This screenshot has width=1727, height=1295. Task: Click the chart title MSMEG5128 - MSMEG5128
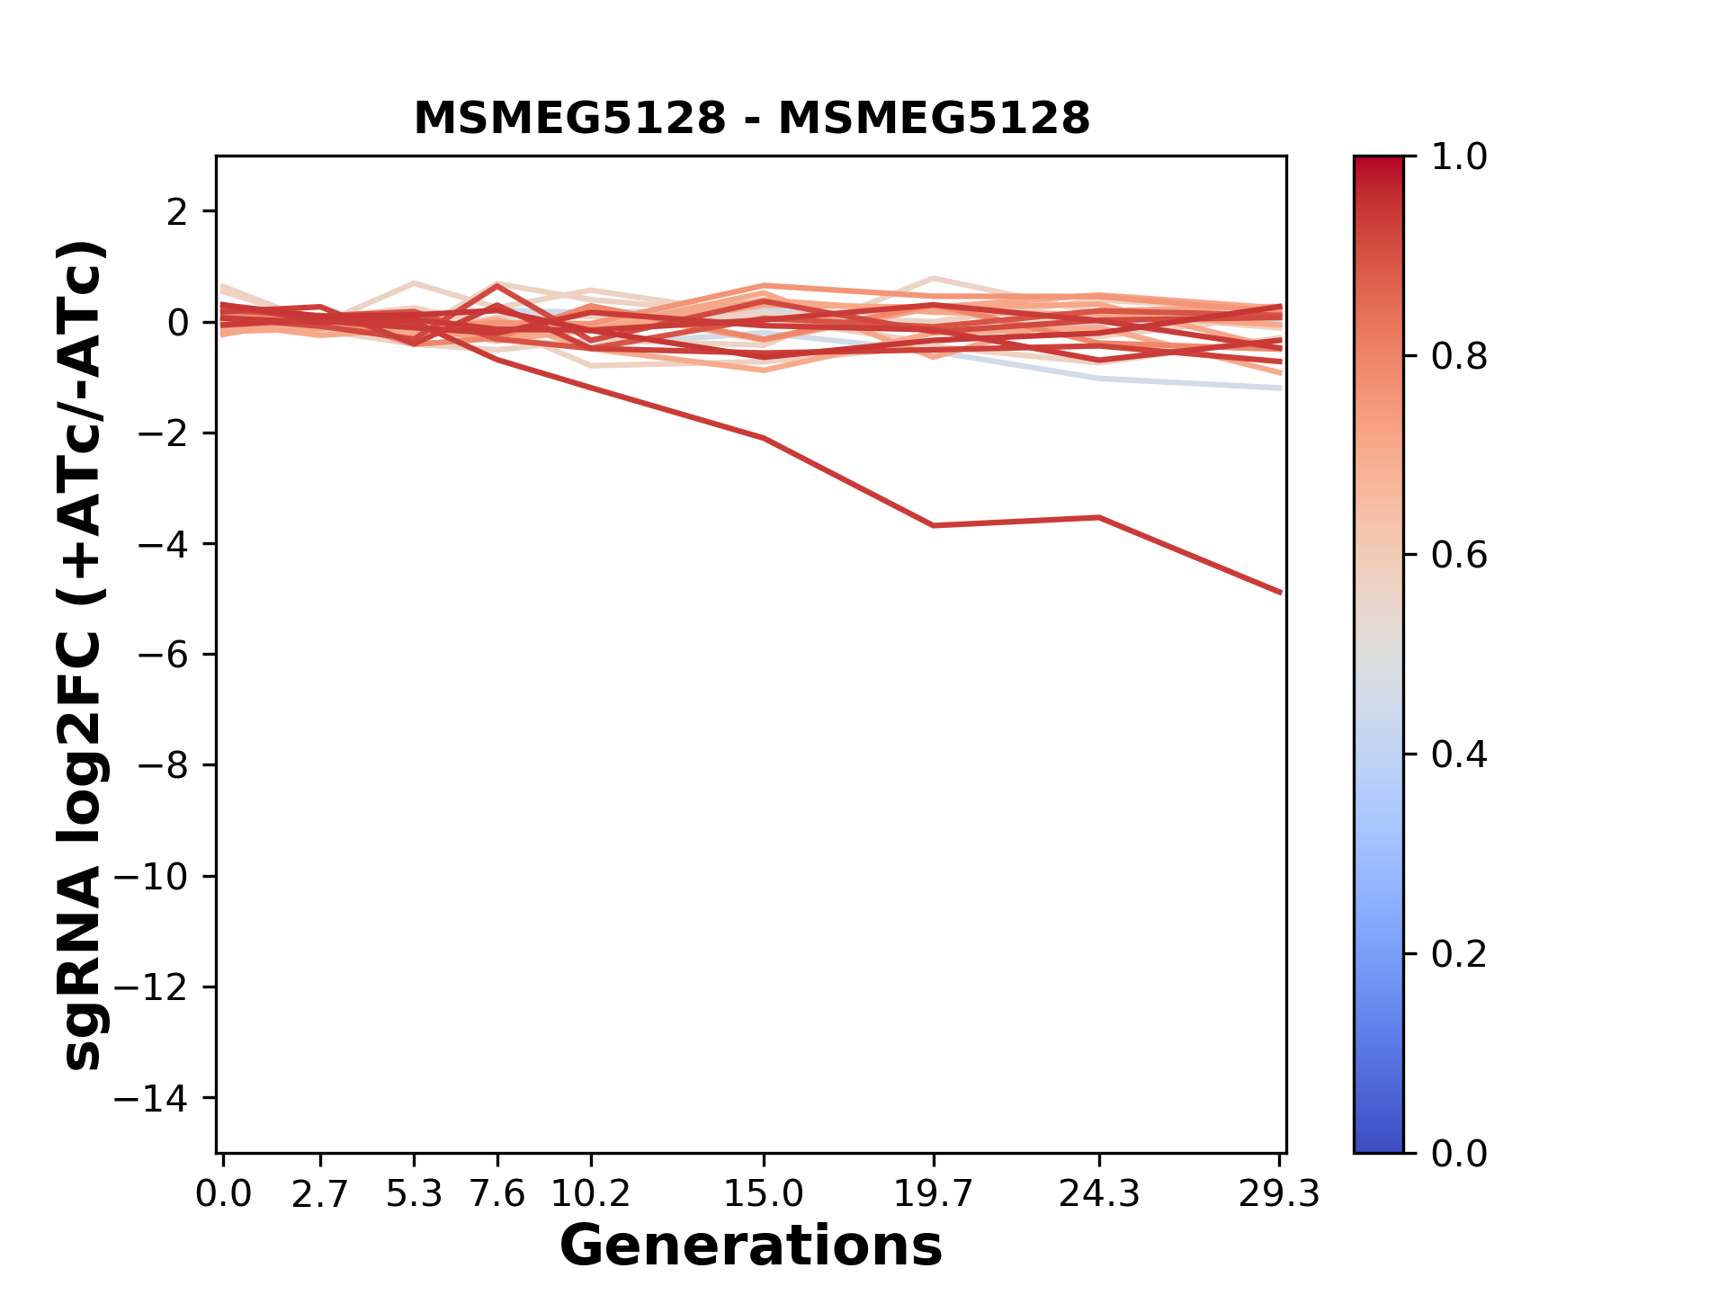(x=751, y=119)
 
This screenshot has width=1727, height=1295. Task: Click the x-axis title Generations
(x=751, y=1246)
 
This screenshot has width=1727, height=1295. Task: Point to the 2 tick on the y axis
(x=176, y=212)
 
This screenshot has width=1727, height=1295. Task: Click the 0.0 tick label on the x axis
(x=223, y=1194)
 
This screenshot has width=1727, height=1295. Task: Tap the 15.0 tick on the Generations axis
(x=763, y=1194)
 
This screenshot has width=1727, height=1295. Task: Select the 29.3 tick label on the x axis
(x=1279, y=1194)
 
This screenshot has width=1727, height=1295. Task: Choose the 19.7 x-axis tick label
(x=934, y=1194)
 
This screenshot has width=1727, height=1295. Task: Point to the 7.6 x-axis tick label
(x=497, y=1194)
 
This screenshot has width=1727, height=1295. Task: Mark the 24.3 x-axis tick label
(x=1098, y=1194)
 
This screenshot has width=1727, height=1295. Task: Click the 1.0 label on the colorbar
(x=1459, y=157)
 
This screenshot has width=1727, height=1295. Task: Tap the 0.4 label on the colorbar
(x=1459, y=755)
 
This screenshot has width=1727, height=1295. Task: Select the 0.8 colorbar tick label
(x=1459, y=357)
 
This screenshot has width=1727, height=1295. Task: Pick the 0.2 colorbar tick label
(x=1459, y=954)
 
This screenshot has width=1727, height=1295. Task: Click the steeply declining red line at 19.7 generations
(x=934, y=525)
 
